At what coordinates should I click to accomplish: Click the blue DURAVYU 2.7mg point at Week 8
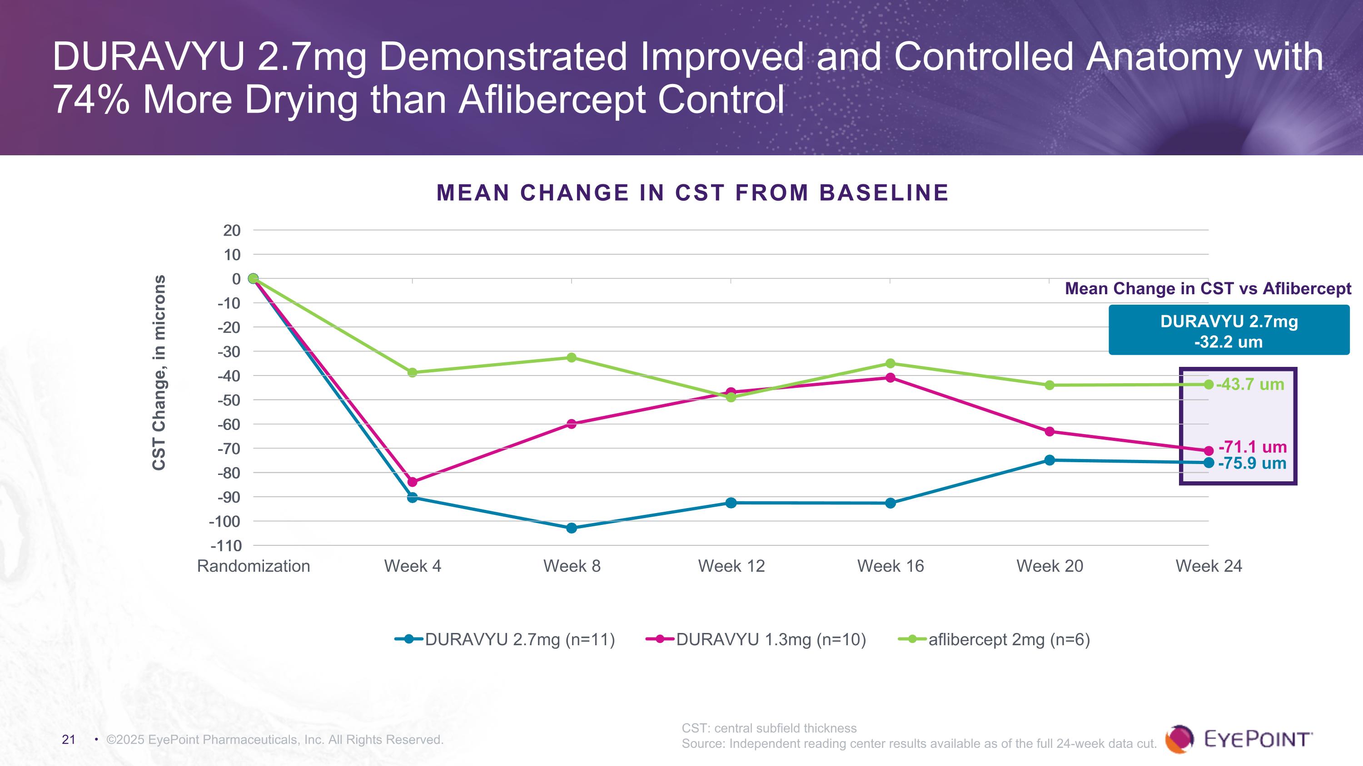572,528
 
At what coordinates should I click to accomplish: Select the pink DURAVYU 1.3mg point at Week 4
412,482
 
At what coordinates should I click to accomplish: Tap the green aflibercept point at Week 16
890,363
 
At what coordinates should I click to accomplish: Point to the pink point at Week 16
890,377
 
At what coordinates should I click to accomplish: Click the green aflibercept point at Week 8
572,357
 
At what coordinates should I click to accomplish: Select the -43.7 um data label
1250,384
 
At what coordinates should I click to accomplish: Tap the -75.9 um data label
1252,463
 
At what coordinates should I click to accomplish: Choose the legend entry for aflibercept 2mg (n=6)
1009,640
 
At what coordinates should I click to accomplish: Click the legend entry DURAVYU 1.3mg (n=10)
771,640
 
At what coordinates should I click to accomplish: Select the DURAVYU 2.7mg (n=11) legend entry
520,640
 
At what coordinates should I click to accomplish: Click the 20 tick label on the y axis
232,231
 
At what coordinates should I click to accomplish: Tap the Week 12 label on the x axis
731,566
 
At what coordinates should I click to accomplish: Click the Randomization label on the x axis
254,566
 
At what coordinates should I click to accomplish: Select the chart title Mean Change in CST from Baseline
692,193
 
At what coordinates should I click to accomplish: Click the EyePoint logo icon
1179,739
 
